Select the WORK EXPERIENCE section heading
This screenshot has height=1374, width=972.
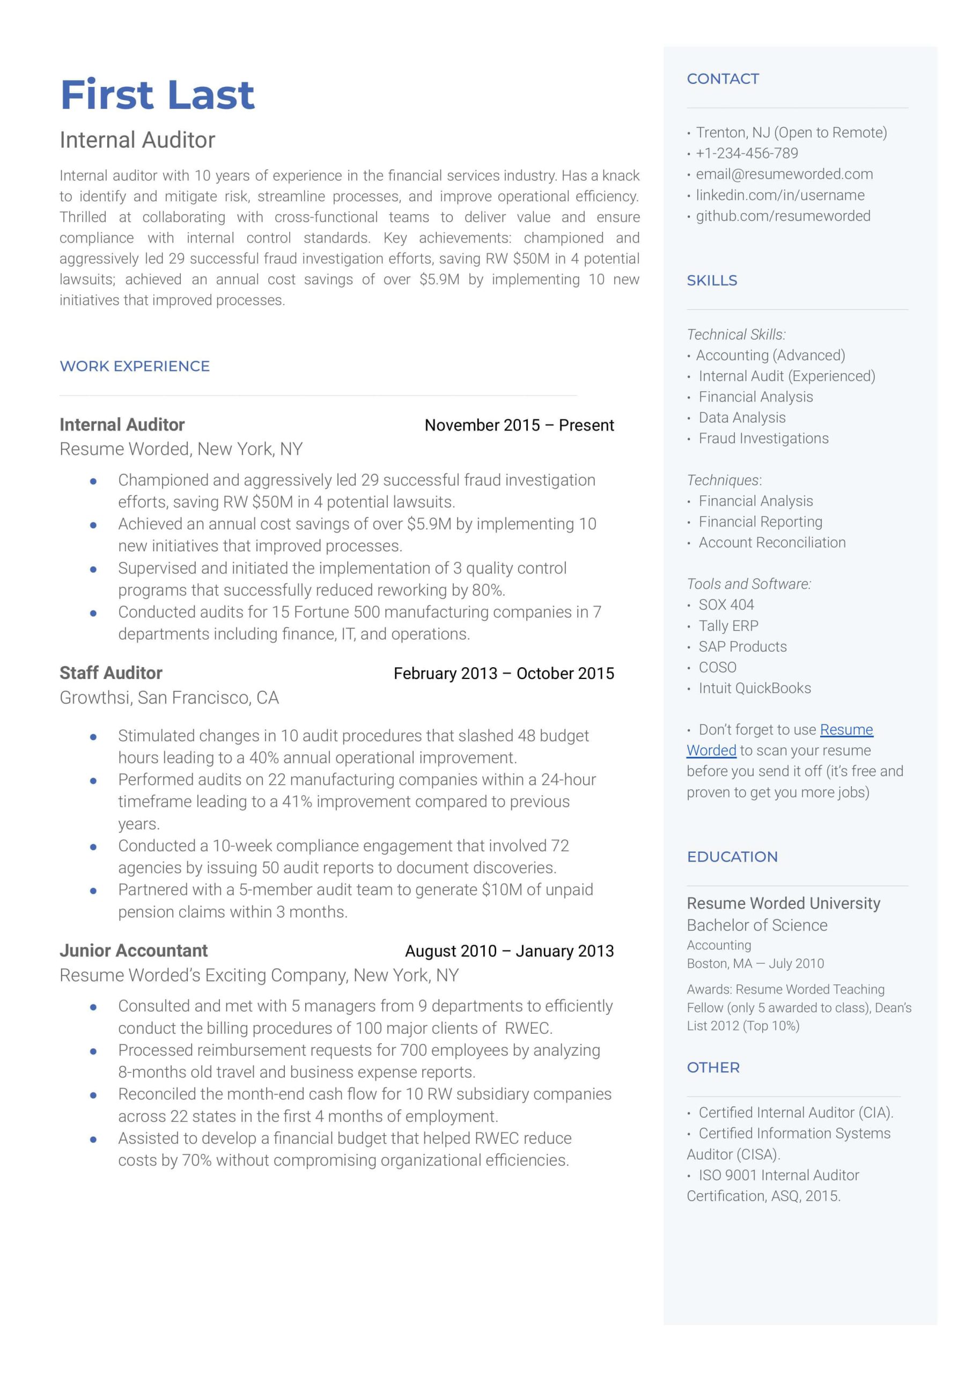[x=135, y=366]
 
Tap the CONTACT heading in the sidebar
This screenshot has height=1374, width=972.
[x=723, y=78]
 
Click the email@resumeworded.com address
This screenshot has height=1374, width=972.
[x=784, y=174]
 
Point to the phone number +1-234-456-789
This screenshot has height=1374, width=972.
[x=746, y=154]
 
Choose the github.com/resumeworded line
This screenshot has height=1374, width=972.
[x=783, y=216]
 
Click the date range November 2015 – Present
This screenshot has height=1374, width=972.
[x=519, y=425]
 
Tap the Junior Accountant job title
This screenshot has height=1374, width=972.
[x=134, y=950]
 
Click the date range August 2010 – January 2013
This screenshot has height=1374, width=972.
[x=510, y=951]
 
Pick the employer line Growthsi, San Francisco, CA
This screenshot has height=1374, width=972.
[x=170, y=698]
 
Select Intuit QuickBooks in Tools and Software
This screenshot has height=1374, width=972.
[x=755, y=688]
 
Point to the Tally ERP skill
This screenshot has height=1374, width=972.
[x=728, y=626]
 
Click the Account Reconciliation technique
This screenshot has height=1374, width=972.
[x=772, y=543]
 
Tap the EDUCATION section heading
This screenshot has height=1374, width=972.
[x=732, y=857]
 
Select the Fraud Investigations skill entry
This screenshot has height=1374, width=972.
[x=764, y=438]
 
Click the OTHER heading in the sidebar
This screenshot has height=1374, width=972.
[x=713, y=1068]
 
